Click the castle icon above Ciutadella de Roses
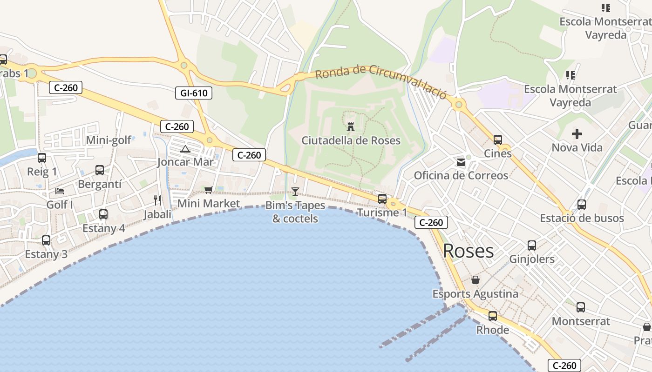pos(351,126)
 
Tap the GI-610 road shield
pos(194,93)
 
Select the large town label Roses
pos(468,251)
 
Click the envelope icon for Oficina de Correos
pos(461,162)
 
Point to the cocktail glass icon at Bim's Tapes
pos(295,191)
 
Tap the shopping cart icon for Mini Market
pos(208,190)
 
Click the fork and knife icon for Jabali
pos(157,200)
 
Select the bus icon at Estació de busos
pos(581,205)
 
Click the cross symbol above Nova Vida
pos(577,134)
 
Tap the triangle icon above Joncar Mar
pos(185,149)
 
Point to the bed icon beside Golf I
pos(60,191)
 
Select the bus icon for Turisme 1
pos(382,199)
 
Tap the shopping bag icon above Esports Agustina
pos(475,280)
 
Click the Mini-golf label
pos(109,140)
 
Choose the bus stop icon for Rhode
pos(493,317)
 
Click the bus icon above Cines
pos(497,140)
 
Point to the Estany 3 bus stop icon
pos(46,240)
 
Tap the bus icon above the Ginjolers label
pos(532,246)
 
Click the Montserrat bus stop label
pos(580,321)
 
